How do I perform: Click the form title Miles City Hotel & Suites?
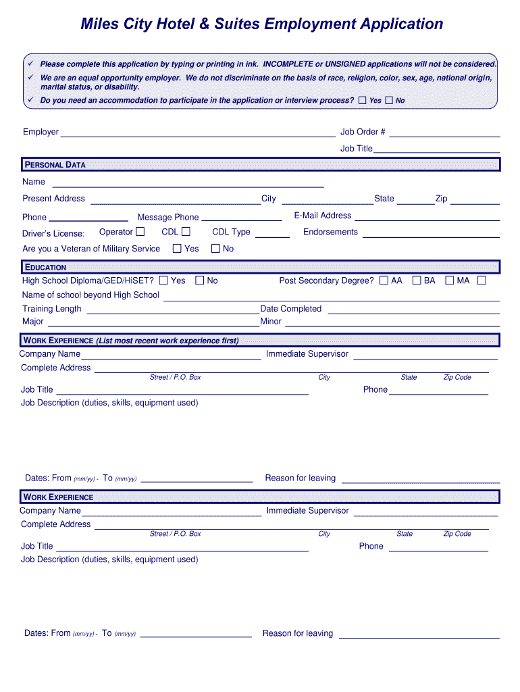[261, 24]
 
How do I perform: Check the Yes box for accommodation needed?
[363, 100]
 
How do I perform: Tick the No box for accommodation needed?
[389, 100]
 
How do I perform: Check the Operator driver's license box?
[140, 232]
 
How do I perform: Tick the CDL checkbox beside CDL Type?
[186, 232]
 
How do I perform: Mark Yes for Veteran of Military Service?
[177, 249]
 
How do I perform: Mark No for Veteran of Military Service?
[216, 249]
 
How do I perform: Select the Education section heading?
[46, 267]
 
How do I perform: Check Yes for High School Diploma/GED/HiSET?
[163, 280]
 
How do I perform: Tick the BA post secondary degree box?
[417, 280]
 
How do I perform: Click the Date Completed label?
[291, 309]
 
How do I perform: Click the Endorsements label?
[331, 232]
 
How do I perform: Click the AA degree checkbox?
[384, 280]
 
